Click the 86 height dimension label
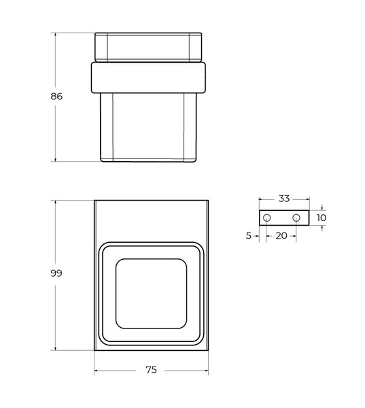point(56,97)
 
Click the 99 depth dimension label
point(56,273)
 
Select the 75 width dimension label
point(151,370)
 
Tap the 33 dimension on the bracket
point(284,199)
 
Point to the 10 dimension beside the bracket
point(321,218)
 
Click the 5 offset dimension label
point(249,236)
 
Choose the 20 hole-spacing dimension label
point(281,236)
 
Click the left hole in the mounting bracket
point(266,218)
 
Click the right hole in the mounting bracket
point(296,218)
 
